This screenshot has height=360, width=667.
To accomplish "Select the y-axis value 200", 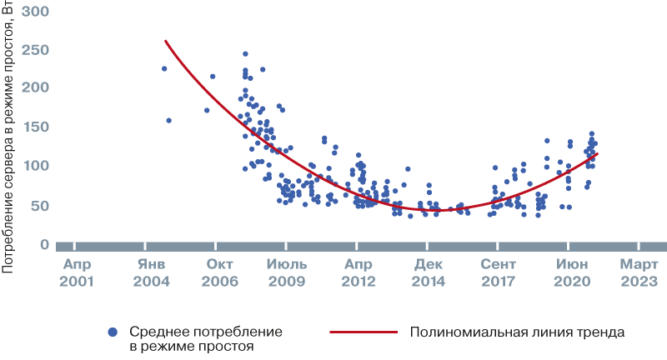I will click(36, 87).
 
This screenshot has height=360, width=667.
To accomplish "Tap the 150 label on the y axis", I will click(36, 127).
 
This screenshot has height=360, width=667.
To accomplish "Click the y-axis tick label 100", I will click(36, 166).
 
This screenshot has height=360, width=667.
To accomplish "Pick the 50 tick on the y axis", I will click(40, 205).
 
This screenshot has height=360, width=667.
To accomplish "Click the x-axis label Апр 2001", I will click(76, 272).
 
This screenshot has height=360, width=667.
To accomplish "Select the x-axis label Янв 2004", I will click(147, 272).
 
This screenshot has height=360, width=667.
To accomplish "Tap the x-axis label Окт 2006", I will click(218, 272).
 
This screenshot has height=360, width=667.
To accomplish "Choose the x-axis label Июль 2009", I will click(288, 272).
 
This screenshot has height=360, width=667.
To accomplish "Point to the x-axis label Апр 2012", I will click(359, 272).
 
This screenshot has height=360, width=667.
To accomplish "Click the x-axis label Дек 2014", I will click(429, 272).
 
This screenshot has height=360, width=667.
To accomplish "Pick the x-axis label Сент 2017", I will click(499, 272).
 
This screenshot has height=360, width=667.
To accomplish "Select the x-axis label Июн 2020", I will click(570, 272).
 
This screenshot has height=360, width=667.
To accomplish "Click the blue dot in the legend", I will click(112, 332).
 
